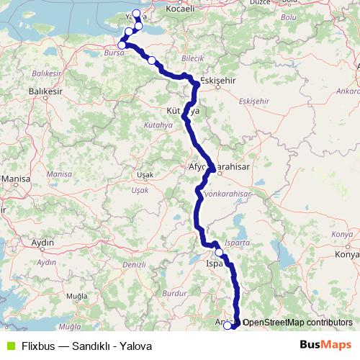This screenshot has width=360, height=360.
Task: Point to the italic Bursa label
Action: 114,53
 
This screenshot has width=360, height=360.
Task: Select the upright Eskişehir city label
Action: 218,80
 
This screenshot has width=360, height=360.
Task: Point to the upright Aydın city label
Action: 43,242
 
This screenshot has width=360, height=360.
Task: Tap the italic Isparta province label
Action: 238,243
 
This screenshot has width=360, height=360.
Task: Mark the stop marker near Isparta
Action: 219,253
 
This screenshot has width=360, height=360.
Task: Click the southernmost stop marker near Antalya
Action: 228,325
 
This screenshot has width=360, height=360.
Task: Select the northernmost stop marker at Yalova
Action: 137,14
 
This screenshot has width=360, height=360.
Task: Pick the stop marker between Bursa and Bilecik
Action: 151,60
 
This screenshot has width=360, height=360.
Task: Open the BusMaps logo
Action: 325,345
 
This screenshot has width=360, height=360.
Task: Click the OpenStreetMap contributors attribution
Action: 297,323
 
